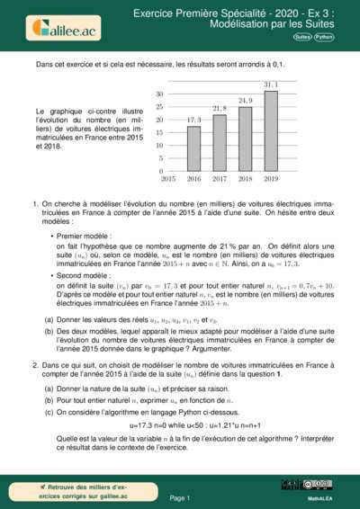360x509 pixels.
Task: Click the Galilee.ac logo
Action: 61,27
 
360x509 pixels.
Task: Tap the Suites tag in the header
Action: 301,38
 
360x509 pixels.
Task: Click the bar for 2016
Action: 193,148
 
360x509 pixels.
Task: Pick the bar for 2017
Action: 219,142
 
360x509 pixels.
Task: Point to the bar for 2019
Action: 271,130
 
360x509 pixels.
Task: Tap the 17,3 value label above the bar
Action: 193,121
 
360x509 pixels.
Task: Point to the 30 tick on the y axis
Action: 159,94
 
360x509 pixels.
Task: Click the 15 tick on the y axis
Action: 159,132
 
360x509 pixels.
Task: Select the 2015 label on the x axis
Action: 168,179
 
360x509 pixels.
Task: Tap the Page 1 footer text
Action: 179,496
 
